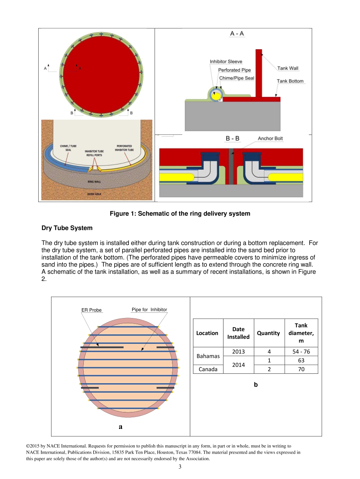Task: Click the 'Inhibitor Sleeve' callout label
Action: (x=226, y=62)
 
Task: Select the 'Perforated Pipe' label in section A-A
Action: (x=234, y=70)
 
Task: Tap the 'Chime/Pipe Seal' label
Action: (x=237, y=78)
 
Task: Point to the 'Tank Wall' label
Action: (x=288, y=68)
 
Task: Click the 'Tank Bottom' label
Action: (x=290, y=81)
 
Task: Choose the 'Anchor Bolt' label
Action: (x=270, y=139)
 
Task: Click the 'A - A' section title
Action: (x=237, y=34)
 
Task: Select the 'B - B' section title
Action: (x=233, y=139)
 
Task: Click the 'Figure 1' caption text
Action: (x=180, y=214)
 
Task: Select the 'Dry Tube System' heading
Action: (x=67, y=228)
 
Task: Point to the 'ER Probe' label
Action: (x=91, y=310)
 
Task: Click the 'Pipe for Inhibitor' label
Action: (x=149, y=310)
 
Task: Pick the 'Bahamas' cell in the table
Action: (x=208, y=356)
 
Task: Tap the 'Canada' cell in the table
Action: (x=208, y=369)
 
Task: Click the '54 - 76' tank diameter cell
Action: (x=301, y=351)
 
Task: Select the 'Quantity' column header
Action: (x=268, y=333)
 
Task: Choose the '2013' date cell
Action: (x=238, y=351)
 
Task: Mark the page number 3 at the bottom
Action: (x=180, y=467)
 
